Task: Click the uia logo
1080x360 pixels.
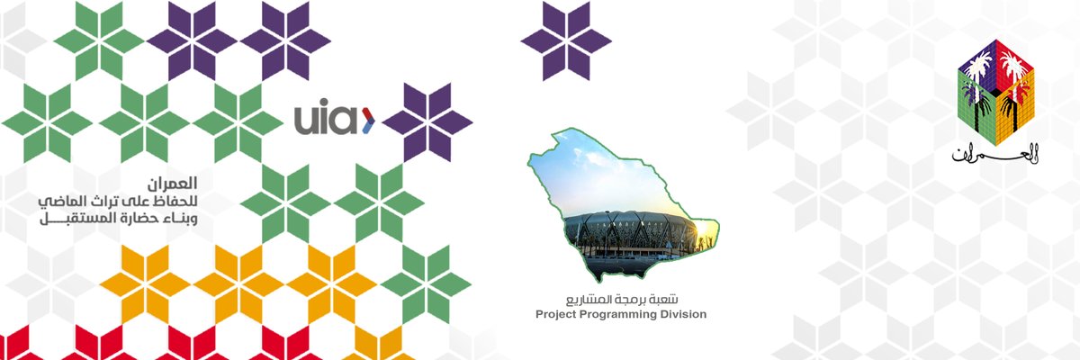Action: pos(333,119)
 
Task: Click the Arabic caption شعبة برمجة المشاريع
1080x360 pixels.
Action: pos(621,298)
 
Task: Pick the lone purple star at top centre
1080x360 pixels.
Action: pos(566,40)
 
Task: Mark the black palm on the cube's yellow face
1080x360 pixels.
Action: pos(1012,106)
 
